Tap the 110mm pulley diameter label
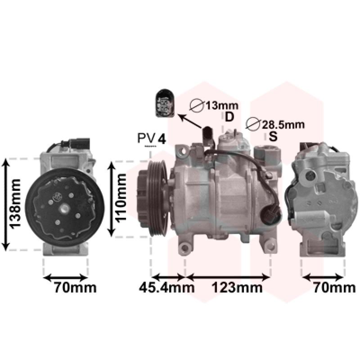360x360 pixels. tap(121, 198)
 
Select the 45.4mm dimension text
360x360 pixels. tap(166, 288)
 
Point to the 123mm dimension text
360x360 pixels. tap(237, 288)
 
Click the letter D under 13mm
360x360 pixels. tap(229, 117)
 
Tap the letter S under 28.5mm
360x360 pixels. tap(273, 136)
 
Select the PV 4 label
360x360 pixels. tap(151, 138)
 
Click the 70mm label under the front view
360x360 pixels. tap(75, 288)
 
